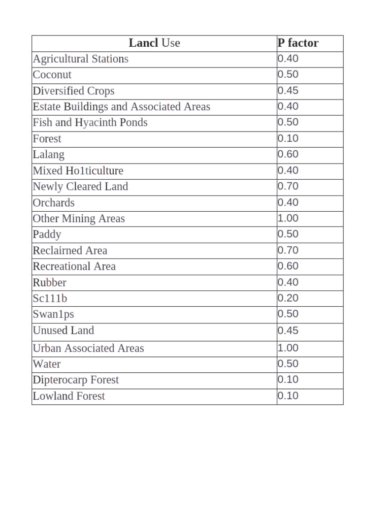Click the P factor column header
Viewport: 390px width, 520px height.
point(298,43)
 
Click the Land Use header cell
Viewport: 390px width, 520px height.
point(154,43)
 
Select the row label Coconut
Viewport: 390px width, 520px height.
point(52,75)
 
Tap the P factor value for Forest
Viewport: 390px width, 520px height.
point(288,139)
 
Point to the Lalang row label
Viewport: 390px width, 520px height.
point(48,154)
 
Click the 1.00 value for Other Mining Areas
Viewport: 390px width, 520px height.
point(288,218)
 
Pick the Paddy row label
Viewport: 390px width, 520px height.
point(47,234)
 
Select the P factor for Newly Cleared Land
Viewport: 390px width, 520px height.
point(288,186)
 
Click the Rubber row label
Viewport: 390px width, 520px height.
point(49,282)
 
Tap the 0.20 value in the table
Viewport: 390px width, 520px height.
point(288,298)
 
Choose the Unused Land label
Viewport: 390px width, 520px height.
point(63,331)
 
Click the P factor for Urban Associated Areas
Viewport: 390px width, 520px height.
point(288,348)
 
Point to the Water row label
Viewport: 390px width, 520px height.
point(46,364)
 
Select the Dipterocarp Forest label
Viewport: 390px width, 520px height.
point(76,380)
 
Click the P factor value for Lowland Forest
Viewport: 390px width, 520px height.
point(288,396)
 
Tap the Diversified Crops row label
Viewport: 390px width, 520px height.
point(74,91)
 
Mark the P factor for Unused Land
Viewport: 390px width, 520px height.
point(288,331)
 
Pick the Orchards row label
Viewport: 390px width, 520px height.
point(53,203)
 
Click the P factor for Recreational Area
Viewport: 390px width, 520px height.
point(288,266)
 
